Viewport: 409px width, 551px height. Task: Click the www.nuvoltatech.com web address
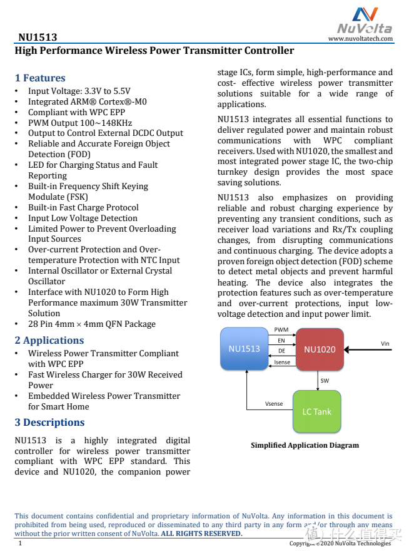360,38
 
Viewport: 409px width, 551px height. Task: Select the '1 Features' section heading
40,78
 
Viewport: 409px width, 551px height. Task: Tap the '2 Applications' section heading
49,341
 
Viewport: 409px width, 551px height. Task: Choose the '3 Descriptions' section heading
49,423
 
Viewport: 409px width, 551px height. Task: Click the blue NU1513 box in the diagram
244,349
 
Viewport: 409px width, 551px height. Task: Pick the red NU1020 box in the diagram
320,349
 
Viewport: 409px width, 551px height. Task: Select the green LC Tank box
316,411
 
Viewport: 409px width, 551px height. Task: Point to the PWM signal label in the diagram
281,329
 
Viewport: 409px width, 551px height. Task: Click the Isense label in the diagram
282,363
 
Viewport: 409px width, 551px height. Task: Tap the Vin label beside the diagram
385,343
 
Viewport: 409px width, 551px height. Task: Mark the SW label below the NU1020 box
325,380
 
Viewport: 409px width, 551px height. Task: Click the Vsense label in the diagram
274,404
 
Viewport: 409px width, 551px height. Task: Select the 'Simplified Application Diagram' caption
305,445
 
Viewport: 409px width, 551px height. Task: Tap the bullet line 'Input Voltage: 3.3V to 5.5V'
79,91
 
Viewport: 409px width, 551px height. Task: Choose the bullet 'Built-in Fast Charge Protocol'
83,207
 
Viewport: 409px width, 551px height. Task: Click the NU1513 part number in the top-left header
38,38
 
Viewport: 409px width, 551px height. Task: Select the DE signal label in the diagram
281,351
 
